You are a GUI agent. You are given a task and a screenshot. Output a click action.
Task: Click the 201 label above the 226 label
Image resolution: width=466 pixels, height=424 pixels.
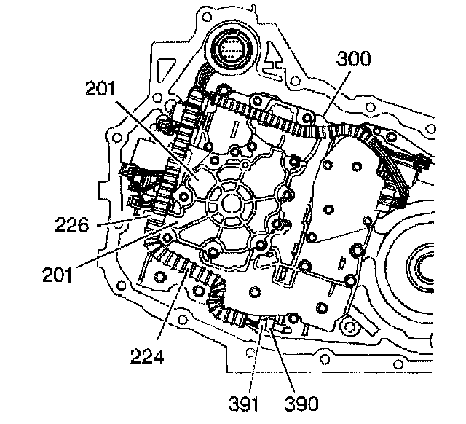coord(100,89)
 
